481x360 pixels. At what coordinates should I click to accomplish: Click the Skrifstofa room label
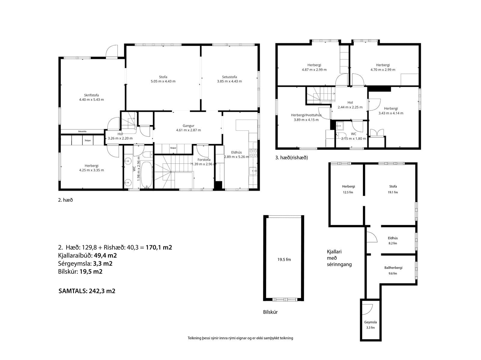(x=91, y=95)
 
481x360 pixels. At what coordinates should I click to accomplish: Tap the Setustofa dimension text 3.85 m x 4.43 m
(x=229, y=81)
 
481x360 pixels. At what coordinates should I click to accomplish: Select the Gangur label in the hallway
(x=188, y=126)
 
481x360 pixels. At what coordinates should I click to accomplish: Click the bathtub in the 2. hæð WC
(x=146, y=175)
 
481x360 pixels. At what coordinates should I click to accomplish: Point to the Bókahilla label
(x=82, y=132)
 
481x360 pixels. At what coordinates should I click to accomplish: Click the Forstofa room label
(x=204, y=160)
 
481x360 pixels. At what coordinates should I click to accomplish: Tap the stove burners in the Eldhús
(x=253, y=153)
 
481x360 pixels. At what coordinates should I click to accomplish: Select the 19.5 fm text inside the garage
(x=284, y=260)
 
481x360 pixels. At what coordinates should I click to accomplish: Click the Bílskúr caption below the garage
(x=270, y=312)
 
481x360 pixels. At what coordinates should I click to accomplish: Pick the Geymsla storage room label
(x=370, y=322)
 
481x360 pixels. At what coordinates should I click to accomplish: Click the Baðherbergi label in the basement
(x=393, y=267)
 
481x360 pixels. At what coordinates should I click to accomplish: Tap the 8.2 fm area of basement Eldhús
(x=393, y=243)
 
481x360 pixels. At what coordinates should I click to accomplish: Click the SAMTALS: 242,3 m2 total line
(x=87, y=291)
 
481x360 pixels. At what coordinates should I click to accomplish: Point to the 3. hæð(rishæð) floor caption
(x=291, y=157)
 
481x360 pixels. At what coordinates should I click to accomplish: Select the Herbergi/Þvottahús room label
(x=306, y=115)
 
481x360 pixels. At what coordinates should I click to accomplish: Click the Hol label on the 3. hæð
(x=350, y=102)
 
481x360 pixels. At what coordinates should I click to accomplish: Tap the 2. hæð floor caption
(x=65, y=200)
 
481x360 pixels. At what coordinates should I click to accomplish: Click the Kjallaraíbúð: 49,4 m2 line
(x=87, y=255)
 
